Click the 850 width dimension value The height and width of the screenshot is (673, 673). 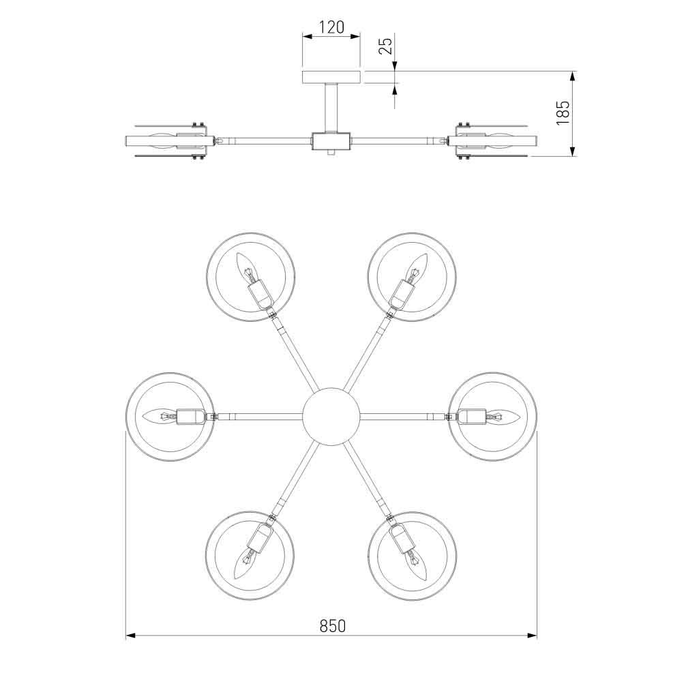coord(331,625)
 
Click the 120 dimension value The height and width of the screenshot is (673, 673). coord(331,28)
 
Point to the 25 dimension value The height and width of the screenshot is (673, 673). coord(385,46)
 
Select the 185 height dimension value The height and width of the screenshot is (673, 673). coord(563,113)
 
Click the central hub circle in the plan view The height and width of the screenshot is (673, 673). coord(331,415)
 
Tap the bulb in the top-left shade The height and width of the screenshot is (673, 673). coord(246,269)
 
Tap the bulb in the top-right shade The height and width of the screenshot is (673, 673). coord(416,269)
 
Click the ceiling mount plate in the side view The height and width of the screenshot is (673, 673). coord(331,76)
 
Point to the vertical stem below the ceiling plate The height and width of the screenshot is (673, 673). coord(331,106)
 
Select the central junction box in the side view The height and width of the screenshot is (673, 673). coord(331,141)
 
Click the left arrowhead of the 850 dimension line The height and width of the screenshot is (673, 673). coord(130,636)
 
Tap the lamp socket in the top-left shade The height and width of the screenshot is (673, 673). coord(260,294)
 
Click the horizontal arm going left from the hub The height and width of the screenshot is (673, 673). coord(259,415)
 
